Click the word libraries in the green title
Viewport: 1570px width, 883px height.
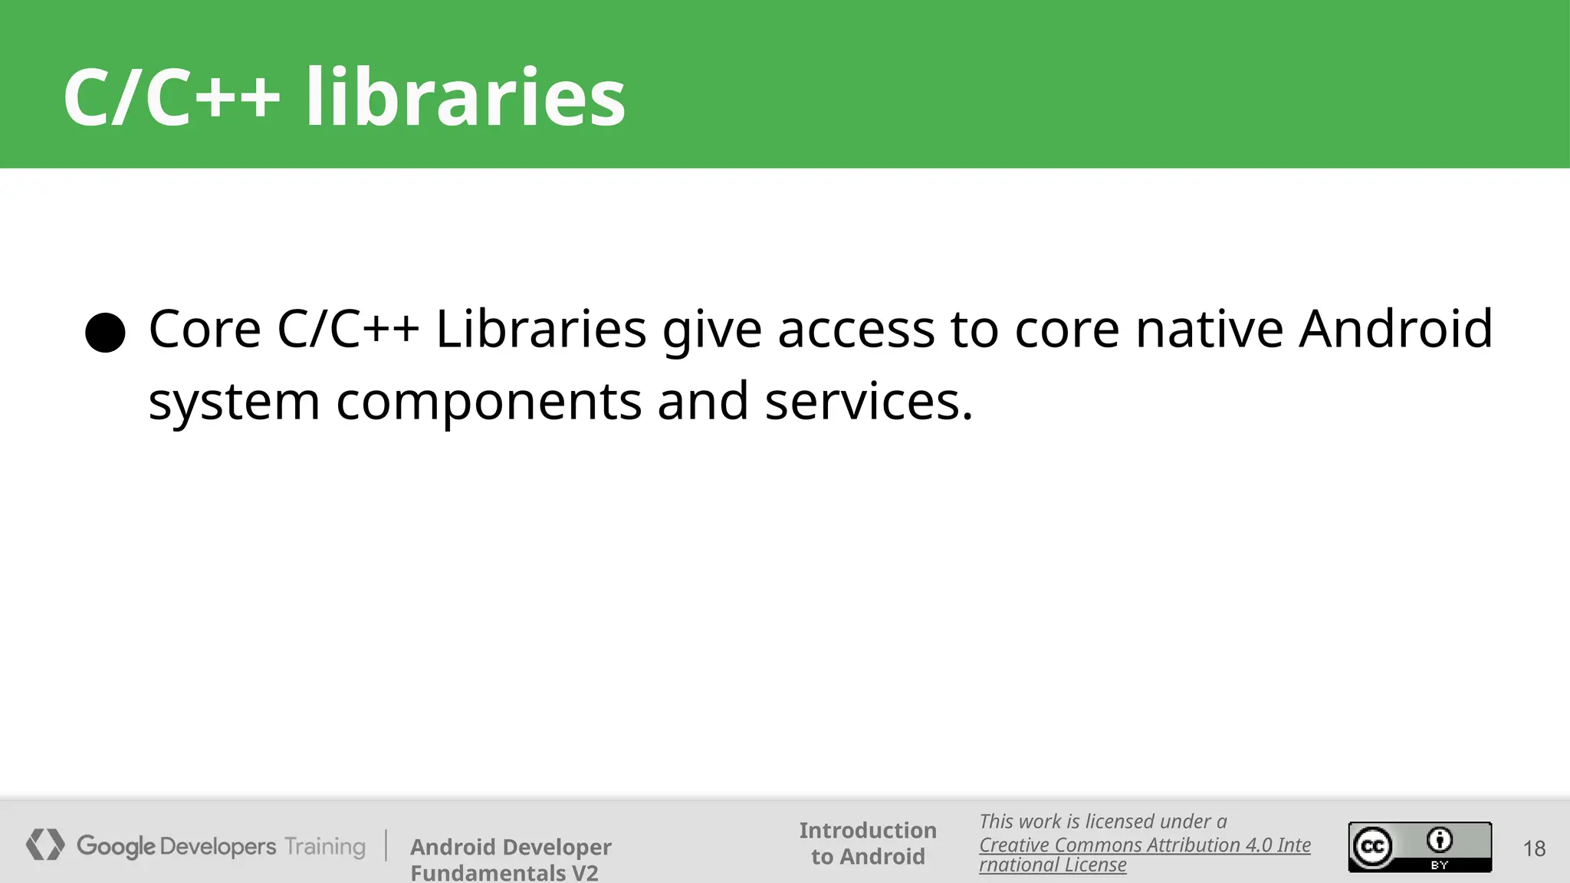pyautogui.click(x=465, y=97)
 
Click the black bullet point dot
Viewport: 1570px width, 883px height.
pyautogui.click(x=105, y=333)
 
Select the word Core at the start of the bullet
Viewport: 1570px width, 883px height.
pyautogui.click(x=205, y=329)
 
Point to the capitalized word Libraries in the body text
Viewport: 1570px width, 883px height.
pyautogui.click(x=540, y=329)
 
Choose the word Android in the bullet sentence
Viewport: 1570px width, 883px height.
pyautogui.click(x=1395, y=329)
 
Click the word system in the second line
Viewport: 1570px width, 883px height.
pyautogui.click(x=234, y=402)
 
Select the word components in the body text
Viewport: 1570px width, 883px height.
pyautogui.click(x=488, y=402)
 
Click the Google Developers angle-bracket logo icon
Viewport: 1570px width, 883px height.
pyautogui.click(x=45, y=845)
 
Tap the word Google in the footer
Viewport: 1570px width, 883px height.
pyautogui.click(x=116, y=846)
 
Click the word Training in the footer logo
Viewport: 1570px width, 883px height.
pyautogui.click(x=325, y=846)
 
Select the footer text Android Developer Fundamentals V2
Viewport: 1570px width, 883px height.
pyautogui.click(x=511, y=859)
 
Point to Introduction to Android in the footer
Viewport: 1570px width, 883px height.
pyautogui.click(x=868, y=843)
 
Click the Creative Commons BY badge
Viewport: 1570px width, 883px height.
pyautogui.click(x=1420, y=846)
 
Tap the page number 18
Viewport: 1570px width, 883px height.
pyautogui.click(x=1534, y=849)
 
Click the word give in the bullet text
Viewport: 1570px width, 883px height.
pyautogui.click(x=712, y=330)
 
